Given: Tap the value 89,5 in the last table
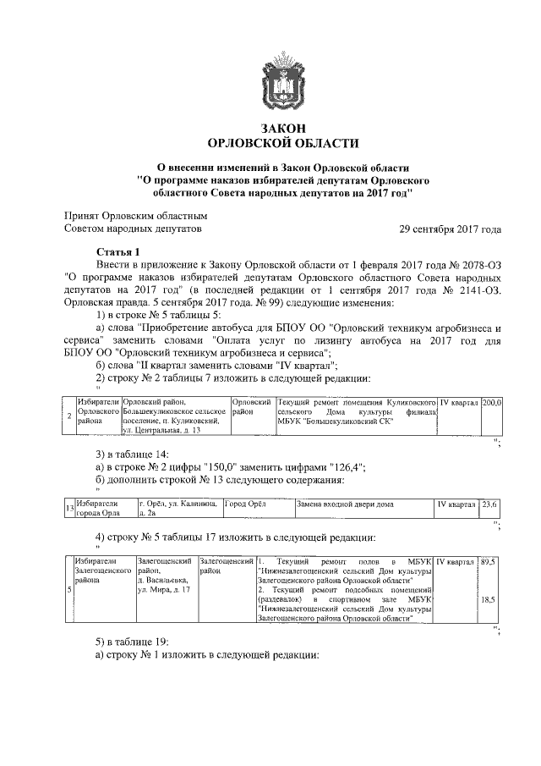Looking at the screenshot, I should click(488, 562).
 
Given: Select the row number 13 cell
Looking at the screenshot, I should click(68, 508).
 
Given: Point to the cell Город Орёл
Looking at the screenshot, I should click(245, 504).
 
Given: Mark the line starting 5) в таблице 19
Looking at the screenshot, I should click(136, 642).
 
